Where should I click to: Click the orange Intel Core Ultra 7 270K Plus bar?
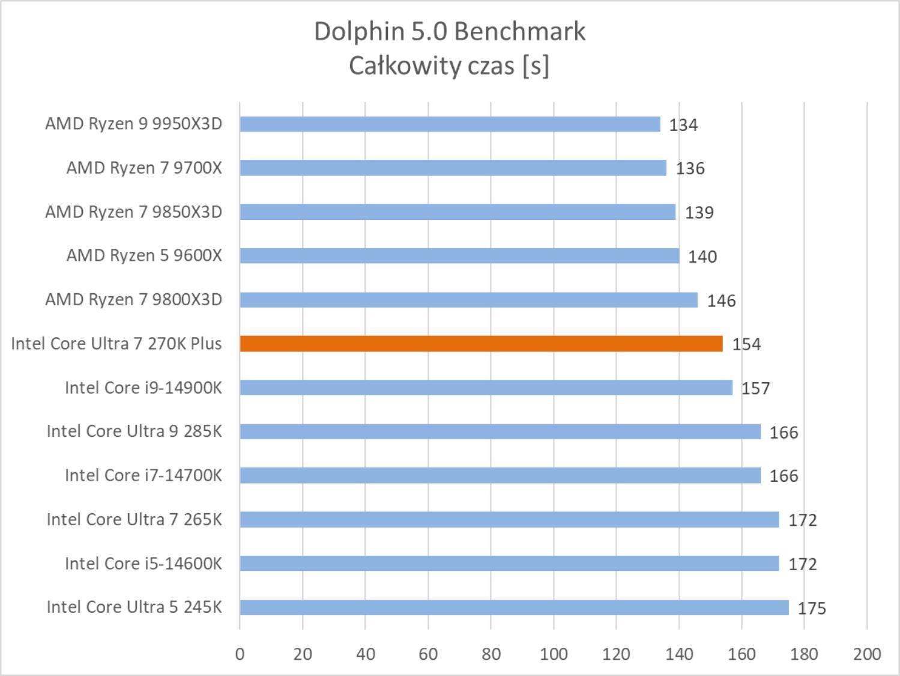click(480, 344)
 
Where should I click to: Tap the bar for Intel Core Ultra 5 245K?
click(513, 607)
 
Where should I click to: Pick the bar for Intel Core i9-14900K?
click(485, 388)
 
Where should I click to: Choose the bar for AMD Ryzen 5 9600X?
click(459, 256)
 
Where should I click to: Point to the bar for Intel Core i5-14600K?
click(509, 564)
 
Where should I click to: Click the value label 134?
click(683, 125)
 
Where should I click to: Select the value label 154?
click(746, 344)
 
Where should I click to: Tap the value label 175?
click(812, 608)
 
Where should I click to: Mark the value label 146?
click(721, 300)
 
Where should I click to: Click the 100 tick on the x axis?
click(554, 654)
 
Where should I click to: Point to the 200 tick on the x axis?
click(867, 654)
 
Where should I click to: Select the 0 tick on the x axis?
click(240, 654)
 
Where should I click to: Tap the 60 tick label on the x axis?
click(428, 654)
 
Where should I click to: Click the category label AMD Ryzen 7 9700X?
click(144, 168)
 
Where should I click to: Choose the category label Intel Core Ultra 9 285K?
click(134, 431)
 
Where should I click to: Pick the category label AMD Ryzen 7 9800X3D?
click(133, 299)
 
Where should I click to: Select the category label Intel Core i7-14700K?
click(143, 475)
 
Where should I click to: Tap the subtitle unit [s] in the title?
click(536, 65)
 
